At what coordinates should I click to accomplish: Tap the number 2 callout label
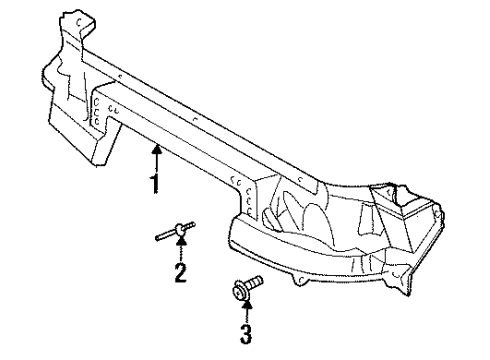(180, 271)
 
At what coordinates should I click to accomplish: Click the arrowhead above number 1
(156, 149)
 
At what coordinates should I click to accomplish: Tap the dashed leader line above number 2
(180, 254)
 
